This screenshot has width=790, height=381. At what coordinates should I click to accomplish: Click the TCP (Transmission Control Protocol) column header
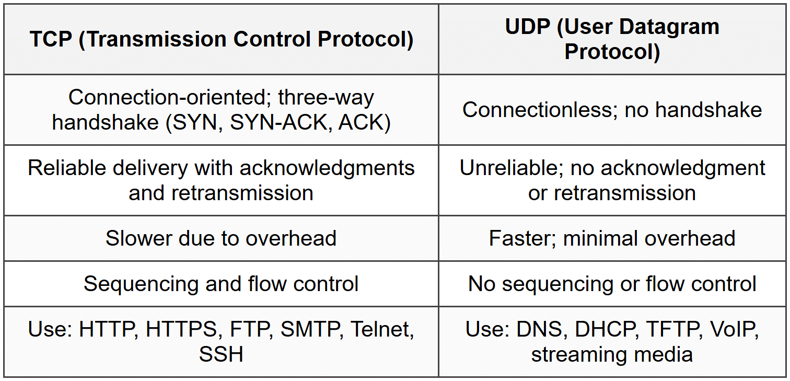(222, 40)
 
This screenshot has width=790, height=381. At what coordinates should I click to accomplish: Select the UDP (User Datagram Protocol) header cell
(612, 40)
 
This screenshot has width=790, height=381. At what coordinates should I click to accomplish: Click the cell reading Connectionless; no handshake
(612, 110)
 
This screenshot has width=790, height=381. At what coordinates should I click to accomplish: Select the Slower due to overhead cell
(221, 238)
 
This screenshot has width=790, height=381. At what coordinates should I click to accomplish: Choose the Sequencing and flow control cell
(221, 284)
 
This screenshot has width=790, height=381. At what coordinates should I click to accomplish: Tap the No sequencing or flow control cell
(612, 284)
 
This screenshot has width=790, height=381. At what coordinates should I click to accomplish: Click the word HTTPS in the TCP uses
(181, 330)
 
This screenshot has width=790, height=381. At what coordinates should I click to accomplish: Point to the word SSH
(221, 354)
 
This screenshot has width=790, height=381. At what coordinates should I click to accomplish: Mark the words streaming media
(612, 354)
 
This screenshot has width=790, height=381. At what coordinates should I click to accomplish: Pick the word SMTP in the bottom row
(311, 330)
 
